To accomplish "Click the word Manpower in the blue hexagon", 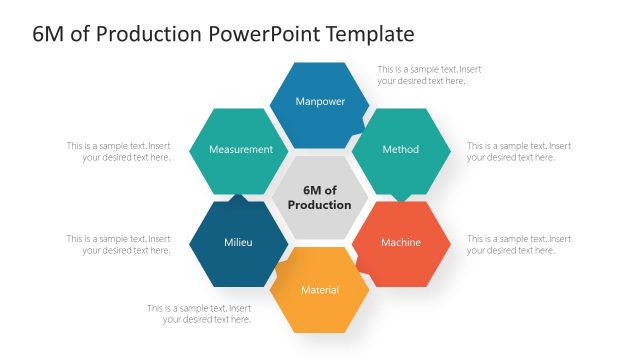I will pyautogui.click(x=319, y=101).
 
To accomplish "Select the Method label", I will pyautogui.click(x=400, y=149).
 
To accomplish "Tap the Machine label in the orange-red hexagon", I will pyautogui.click(x=400, y=242).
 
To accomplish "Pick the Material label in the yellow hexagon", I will pyautogui.click(x=319, y=290).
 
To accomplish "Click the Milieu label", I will pyautogui.click(x=238, y=242).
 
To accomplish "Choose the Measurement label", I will pyautogui.click(x=240, y=149).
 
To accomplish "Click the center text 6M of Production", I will pyautogui.click(x=319, y=197).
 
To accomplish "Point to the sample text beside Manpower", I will pyautogui.click(x=429, y=75).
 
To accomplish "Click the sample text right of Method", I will pyautogui.click(x=519, y=151).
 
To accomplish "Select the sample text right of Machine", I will pyautogui.click(x=519, y=245).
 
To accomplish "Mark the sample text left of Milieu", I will pyautogui.click(x=118, y=245).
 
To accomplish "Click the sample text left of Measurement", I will pyautogui.click(x=118, y=151).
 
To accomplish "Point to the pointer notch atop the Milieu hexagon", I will pyautogui.click(x=238, y=198).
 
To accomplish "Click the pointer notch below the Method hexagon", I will pyautogui.click(x=401, y=197).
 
